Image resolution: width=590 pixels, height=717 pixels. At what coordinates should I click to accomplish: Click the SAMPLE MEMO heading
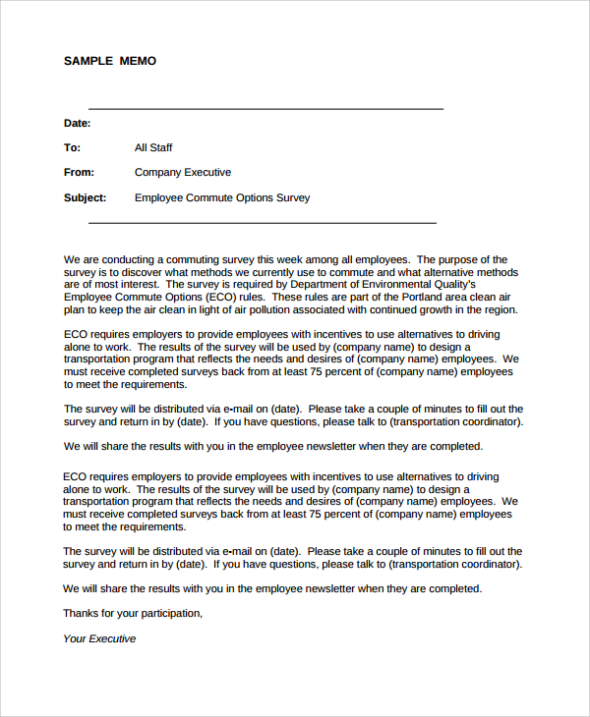click(x=110, y=61)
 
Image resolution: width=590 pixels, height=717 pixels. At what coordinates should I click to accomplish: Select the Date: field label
click(x=78, y=124)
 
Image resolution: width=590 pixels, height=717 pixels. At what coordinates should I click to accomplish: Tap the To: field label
click(x=72, y=148)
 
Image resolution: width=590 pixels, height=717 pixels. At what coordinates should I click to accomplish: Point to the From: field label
click(x=79, y=173)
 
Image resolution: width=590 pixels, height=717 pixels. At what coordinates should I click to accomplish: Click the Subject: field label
click(x=86, y=197)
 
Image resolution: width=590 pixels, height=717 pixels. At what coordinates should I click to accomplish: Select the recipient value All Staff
click(x=153, y=148)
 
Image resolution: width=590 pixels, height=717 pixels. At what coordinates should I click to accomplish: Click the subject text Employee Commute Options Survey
click(x=222, y=197)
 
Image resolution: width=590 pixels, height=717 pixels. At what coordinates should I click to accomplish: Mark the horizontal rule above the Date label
click(x=265, y=109)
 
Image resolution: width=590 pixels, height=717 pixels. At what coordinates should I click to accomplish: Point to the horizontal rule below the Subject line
click(x=263, y=223)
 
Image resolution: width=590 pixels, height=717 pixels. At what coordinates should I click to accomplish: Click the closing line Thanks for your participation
click(x=133, y=613)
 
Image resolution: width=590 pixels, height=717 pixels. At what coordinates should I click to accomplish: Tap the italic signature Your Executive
click(x=99, y=638)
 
